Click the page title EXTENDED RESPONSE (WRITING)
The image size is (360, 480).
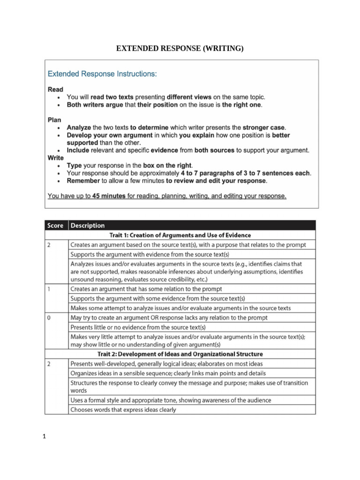click(180, 48)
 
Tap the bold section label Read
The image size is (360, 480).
click(55, 89)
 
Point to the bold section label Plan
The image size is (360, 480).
click(55, 120)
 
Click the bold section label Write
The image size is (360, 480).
click(56, 158)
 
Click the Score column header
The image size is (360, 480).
click(56, 225)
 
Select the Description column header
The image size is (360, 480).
click(87, 225)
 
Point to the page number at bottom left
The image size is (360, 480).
click(44, 438)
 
